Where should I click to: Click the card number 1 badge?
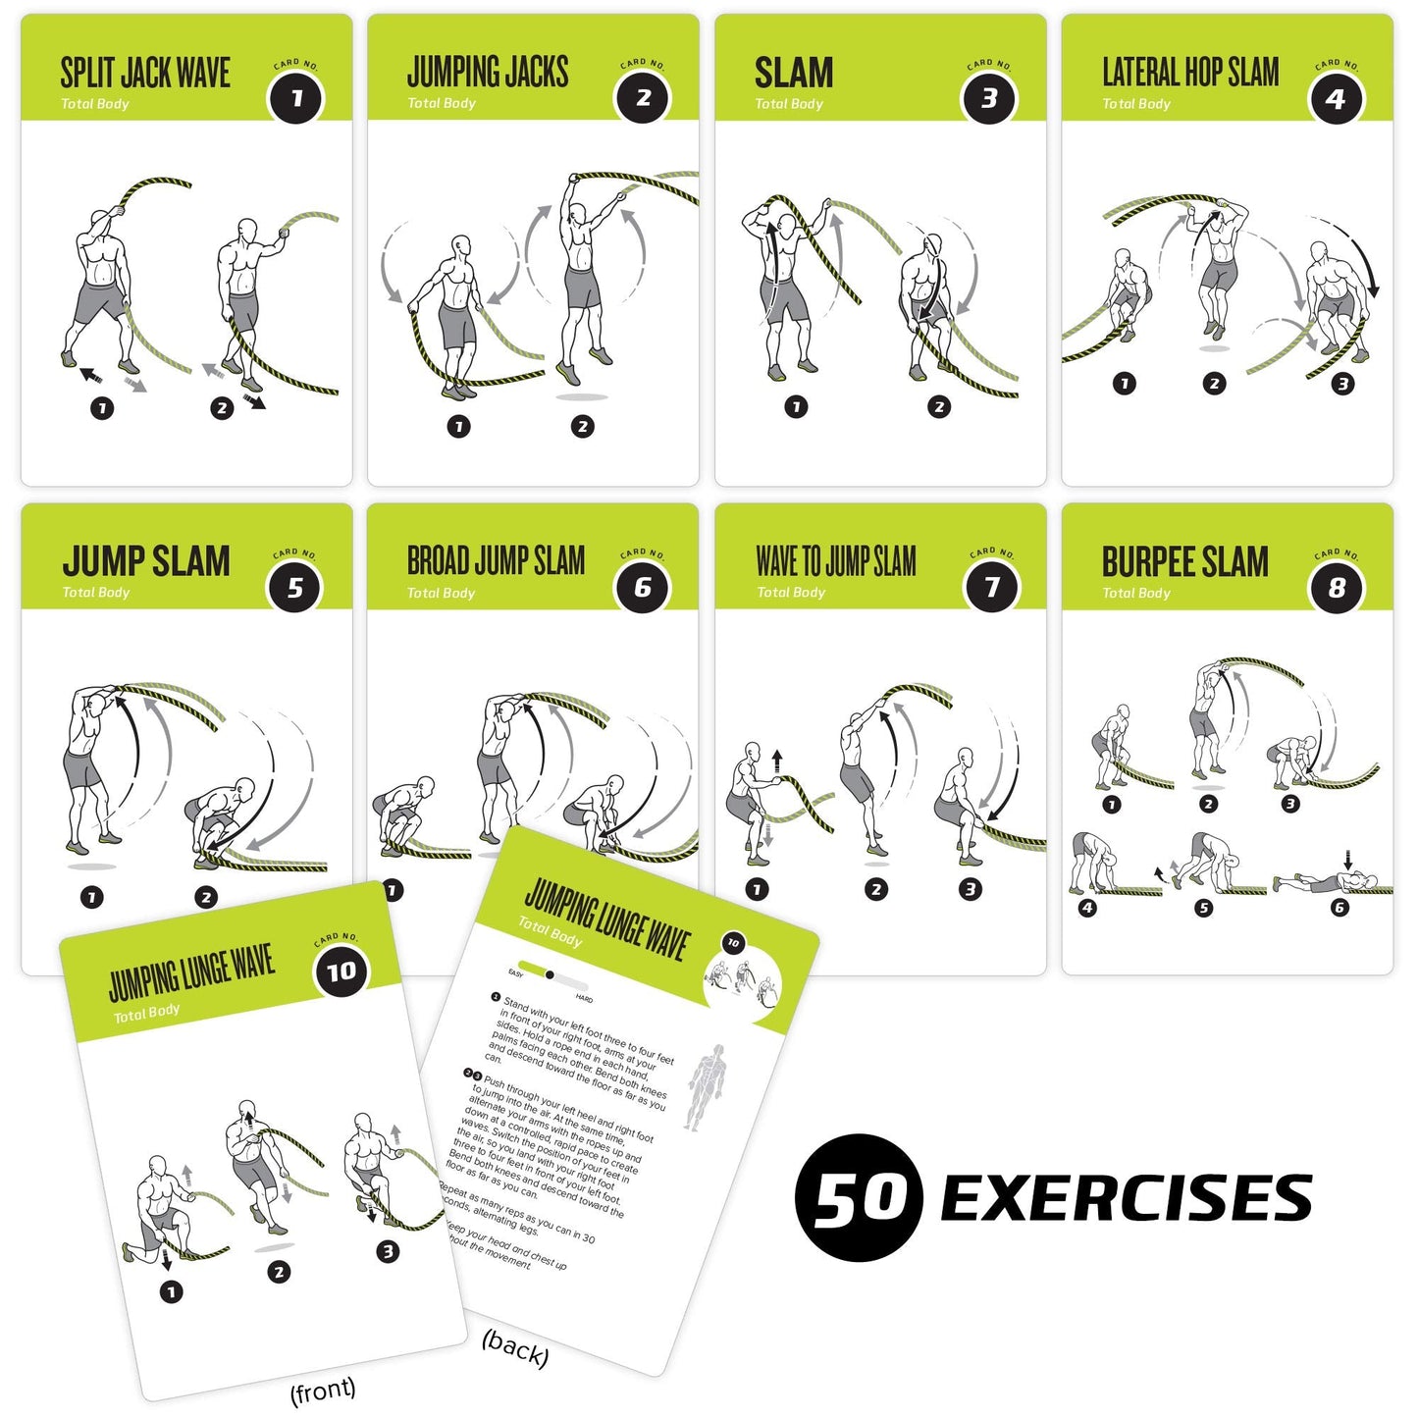[x=296, y=97]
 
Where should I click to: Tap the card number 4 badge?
[x=1336, y=98]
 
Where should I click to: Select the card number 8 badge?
[x=1337, y=588]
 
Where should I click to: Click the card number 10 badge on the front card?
[x=341, y=972]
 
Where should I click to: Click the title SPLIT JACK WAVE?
[x=145, y=73]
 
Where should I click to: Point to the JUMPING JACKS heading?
[x=488, y=72]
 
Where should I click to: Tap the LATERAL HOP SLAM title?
[x=1190, y=72]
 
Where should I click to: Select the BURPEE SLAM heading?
[x=1184, y=562]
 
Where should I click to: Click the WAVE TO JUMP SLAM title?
[x=836, y=561]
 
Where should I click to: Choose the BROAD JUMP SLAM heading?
[x=496, y=561]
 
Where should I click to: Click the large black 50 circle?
[x=859, y=1198]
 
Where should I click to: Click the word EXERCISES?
[x=1127, y=1198]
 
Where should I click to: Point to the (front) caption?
[x=323, y=1391]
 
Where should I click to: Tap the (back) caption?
[x=515, y=1349]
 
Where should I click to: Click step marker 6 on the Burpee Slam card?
[x=1339, y=908]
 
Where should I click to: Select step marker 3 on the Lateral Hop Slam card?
[x=1343, y=384]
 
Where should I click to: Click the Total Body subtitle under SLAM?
[x=789, y=103]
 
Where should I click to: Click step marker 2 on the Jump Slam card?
[x=205, y=897]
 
